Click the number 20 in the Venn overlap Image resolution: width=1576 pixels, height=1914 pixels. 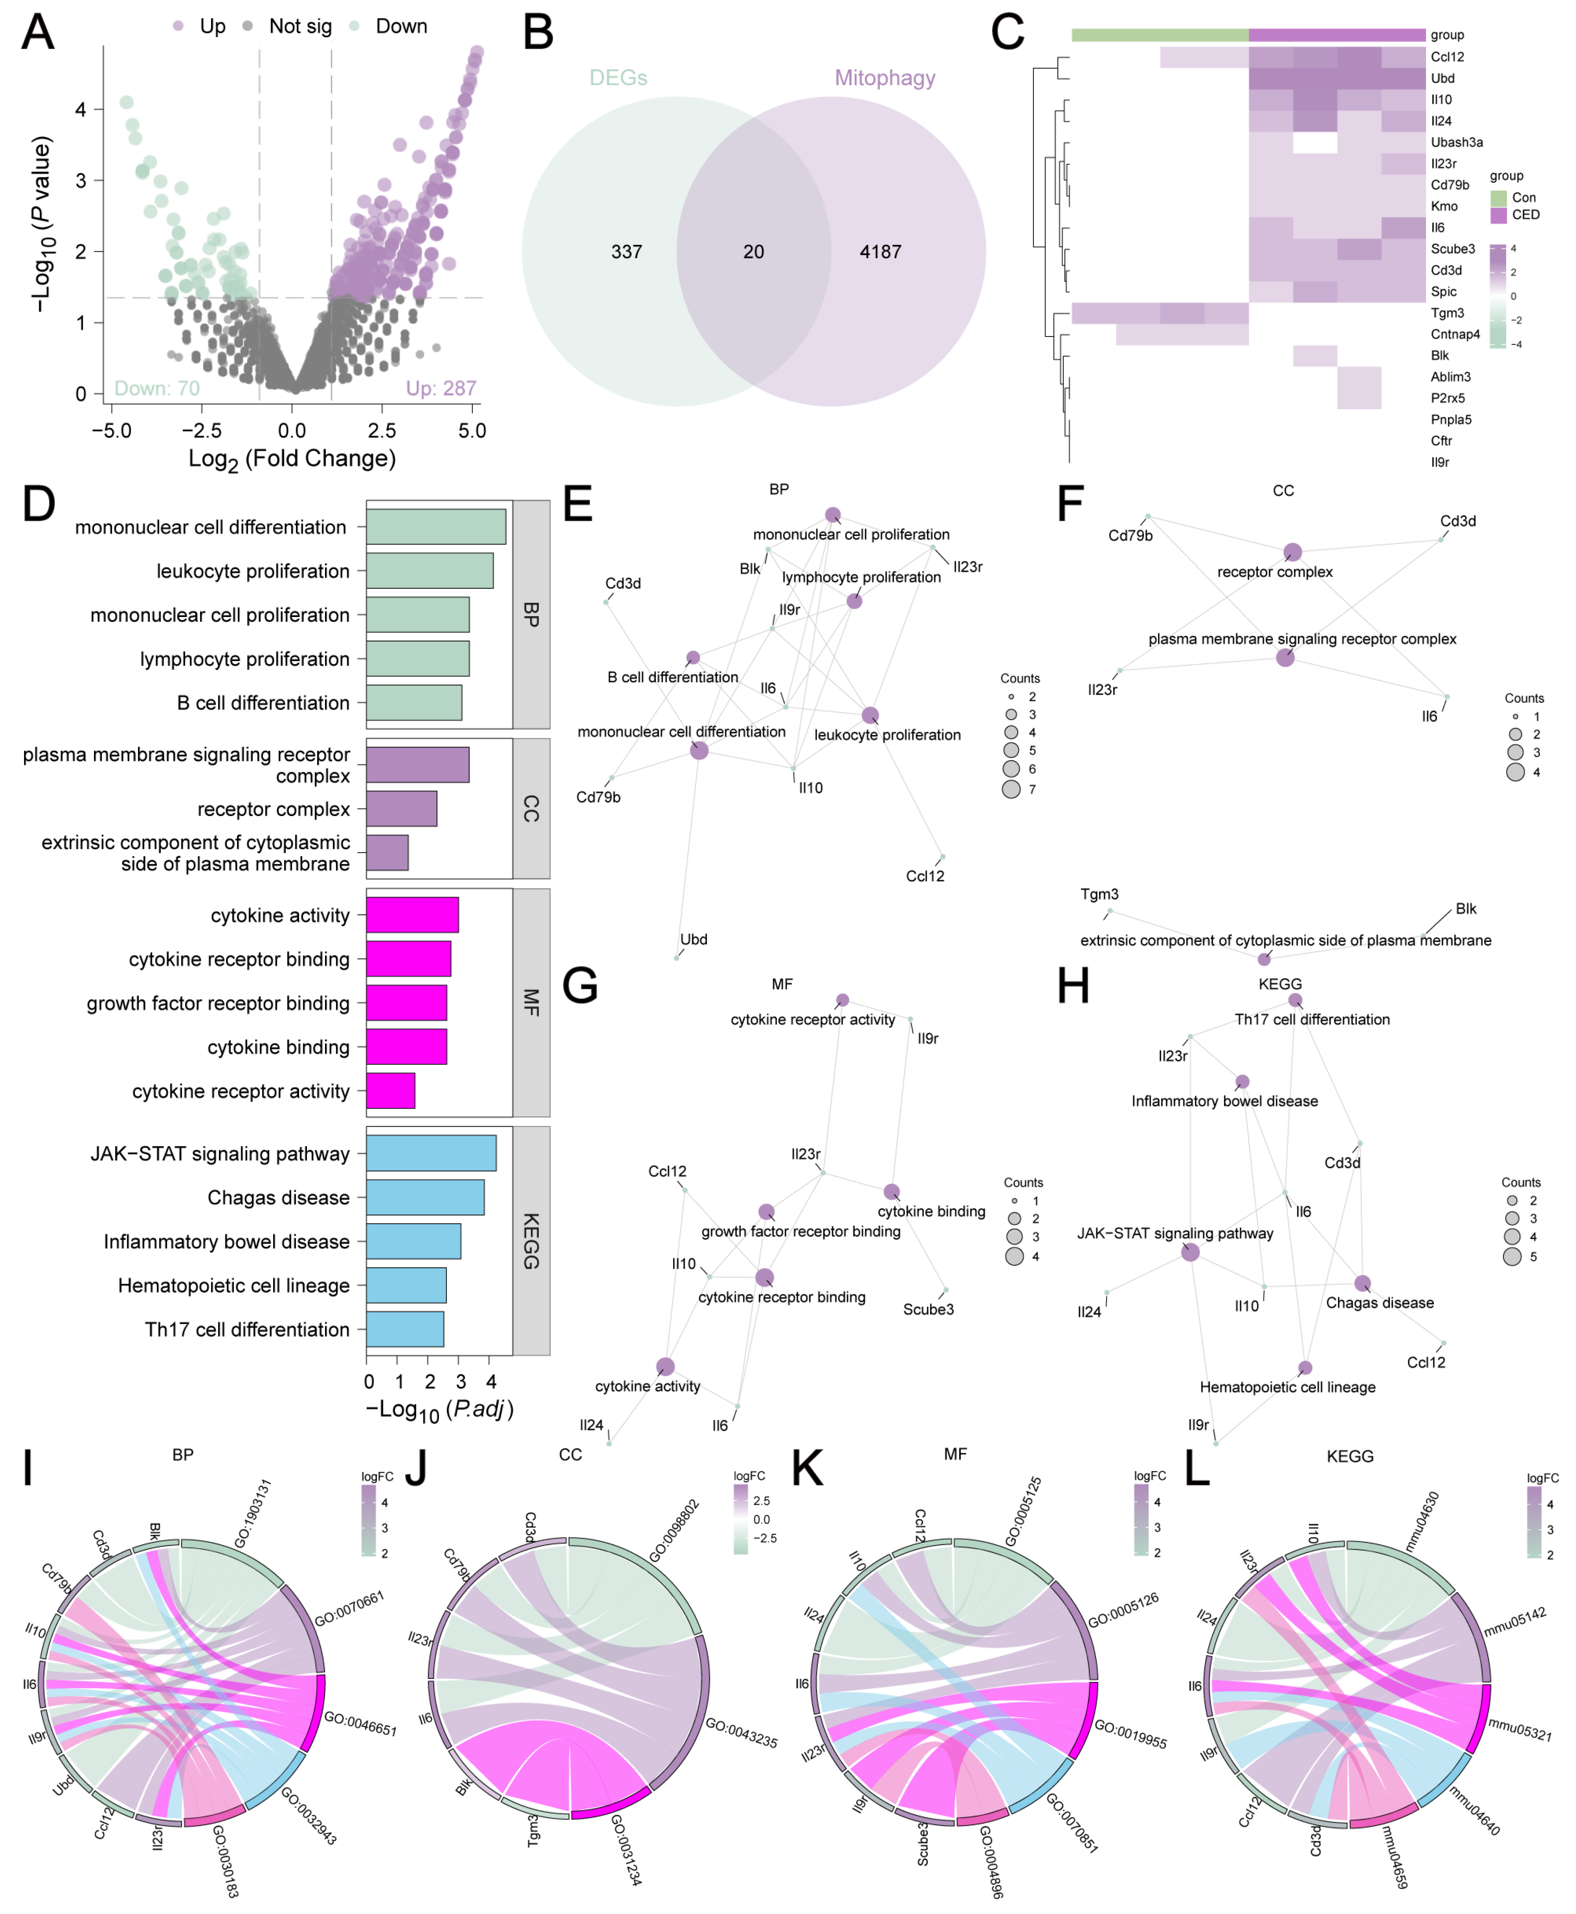coord(753,251)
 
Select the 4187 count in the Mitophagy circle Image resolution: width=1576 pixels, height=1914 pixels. coord(881,251)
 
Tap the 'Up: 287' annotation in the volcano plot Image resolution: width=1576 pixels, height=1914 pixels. coord(440,388)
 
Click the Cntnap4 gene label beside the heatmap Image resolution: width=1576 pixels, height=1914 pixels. coord(1455,334)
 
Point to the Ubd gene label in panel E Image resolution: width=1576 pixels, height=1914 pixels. coord(694,939)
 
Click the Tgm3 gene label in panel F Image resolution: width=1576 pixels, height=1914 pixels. coord(1100,894)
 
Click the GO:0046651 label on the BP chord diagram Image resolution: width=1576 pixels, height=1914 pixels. coord(360,1724)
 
